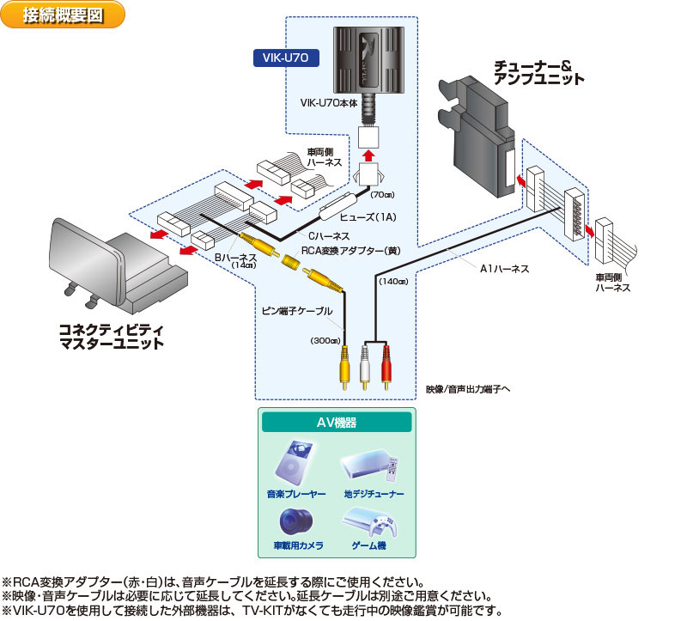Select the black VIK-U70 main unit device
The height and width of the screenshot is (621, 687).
(372, 59)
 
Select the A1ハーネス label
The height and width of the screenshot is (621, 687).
(504, 269)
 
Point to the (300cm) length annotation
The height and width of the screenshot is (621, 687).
(325, 340)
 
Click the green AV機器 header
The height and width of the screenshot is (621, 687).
(337, 423)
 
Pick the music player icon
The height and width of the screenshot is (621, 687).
(294, 465)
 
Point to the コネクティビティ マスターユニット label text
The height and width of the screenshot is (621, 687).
(112, 336)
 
